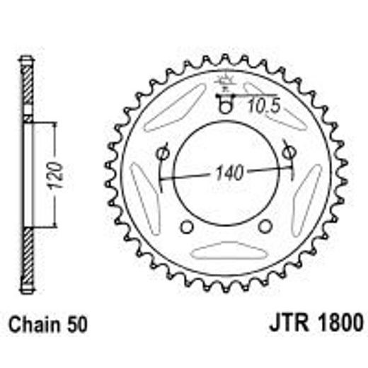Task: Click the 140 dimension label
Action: pos(226,172)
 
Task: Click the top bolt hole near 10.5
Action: pos(226,106)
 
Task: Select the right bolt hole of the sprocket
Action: pos(288,151)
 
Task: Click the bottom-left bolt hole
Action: pos(187,226)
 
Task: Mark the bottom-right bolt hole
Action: pos(265,226)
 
